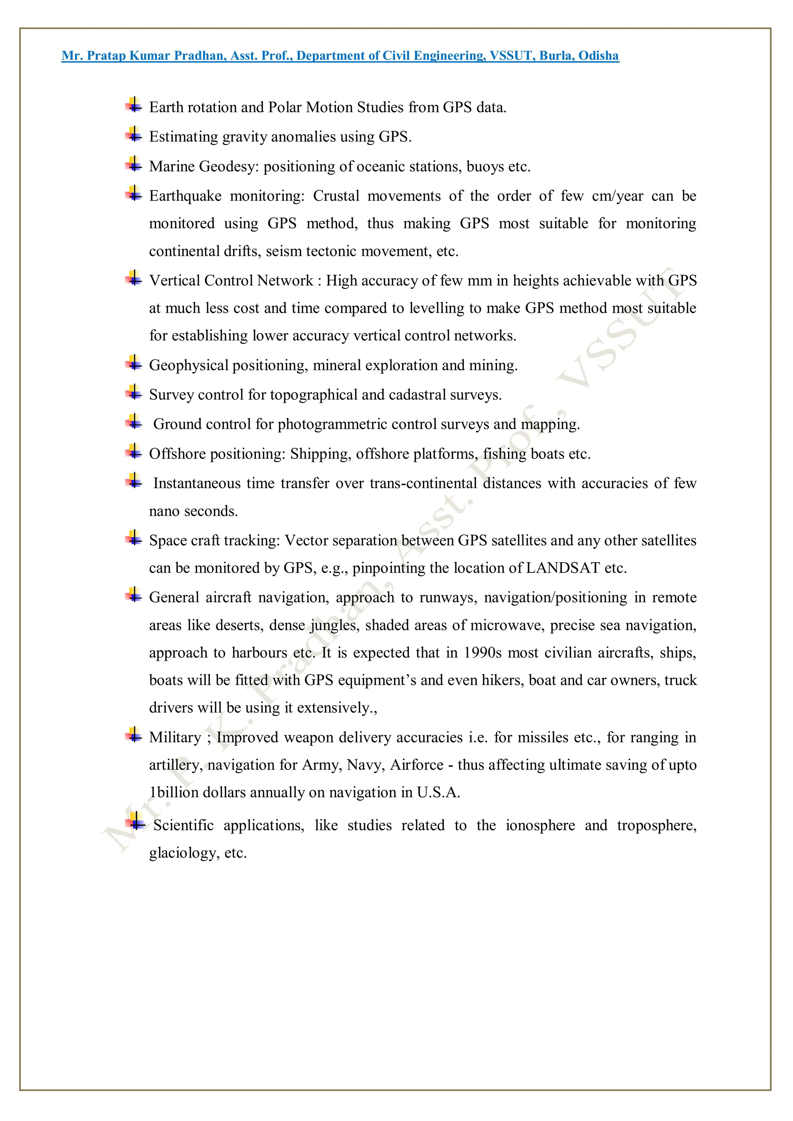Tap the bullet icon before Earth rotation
[x=133, y=105]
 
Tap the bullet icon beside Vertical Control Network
[x=133, y=278]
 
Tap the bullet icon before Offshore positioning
[x=133, y=452]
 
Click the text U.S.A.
[x=438, y=792]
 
